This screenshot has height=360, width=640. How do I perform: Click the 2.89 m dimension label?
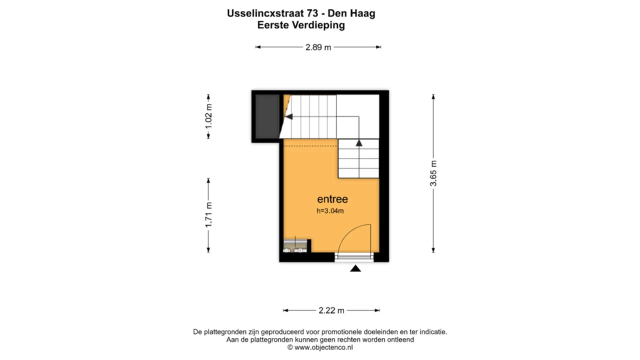pyautogui.click(x=318, y=47)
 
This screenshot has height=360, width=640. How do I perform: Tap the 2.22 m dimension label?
pyautogui.click(x=331, y=310)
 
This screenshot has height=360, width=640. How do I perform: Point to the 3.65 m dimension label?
pyautogui.click(x=433, y=173)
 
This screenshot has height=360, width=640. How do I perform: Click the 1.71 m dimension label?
pyautogui.click(x=208, y=214)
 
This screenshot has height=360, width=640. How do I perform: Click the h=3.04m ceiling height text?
pyautogui.click(x=330, y=211)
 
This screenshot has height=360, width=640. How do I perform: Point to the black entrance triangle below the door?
pyautogui.click(x=355, y=268)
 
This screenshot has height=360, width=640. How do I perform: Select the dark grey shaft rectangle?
pyautogui.click(x=267, y=116)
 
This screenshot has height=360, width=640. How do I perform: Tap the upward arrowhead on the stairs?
pyautogui.click(x=359, y=143)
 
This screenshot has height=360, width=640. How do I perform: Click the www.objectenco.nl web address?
pyautogui.click(x=323, y=347)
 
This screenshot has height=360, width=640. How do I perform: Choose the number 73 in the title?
pyautogui.click(x=312, y=13)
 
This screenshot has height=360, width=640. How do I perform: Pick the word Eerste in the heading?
pyautogui.click(x=272, y=25)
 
